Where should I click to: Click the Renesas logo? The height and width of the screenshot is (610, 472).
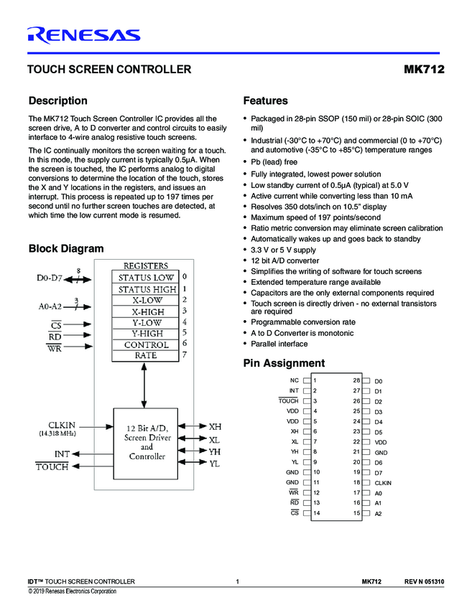83,35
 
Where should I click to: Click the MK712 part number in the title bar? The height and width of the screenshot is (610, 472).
424,70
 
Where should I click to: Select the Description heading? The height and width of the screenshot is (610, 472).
57,101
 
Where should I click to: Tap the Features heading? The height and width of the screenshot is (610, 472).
265,101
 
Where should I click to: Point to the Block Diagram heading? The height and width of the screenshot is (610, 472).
65,249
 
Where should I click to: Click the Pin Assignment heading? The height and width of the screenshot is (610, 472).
284,363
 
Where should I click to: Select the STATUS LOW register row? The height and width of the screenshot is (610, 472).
146,277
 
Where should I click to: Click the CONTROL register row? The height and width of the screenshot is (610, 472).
146,344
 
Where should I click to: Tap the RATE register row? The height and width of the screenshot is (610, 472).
146,355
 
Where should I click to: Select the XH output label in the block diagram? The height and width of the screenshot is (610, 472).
215,426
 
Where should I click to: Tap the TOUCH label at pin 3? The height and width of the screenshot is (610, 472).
287,400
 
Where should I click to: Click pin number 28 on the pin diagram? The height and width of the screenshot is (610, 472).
356,380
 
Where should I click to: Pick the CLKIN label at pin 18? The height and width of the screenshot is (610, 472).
383,483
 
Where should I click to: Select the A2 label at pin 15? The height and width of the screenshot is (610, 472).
378,514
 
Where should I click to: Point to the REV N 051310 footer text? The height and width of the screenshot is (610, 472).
424,581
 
